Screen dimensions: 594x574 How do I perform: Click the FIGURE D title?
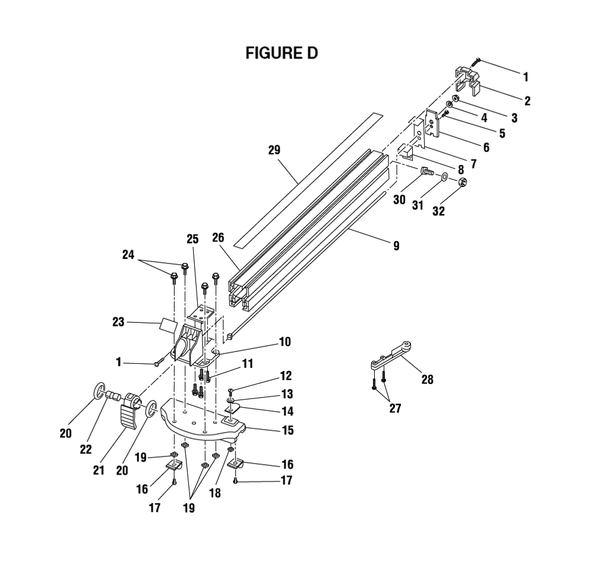point(282,53)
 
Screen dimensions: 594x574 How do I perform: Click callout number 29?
point(274,150)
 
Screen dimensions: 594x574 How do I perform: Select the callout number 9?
point(396,246)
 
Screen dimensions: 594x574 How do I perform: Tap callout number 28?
point(427,379)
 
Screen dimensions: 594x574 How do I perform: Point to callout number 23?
point(118,322)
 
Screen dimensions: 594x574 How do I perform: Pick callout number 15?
point(288,430)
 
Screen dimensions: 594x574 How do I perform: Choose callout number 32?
point(439,211)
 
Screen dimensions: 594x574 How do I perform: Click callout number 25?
point(192,239)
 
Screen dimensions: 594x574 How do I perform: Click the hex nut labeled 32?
point(462,182)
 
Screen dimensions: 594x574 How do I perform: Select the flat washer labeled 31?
point(444,176)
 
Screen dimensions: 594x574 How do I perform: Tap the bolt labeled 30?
point(427,172)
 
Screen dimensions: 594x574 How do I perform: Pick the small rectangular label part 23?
point(169,324)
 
